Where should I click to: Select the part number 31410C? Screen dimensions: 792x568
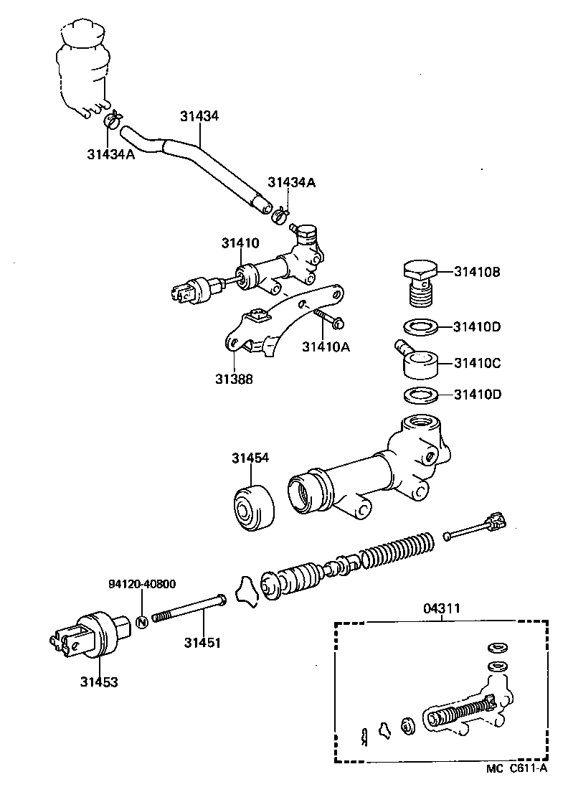tap(477, 363)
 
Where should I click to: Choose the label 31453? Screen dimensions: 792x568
tap(98, 681)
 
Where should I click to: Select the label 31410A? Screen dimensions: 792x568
tap(326, 348)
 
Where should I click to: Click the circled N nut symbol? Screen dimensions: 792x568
tap(141, 620)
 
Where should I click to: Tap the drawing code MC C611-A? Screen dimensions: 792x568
tap(516, 769)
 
